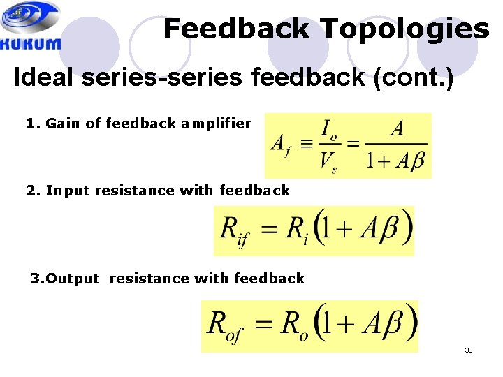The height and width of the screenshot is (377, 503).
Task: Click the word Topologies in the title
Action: click(404, 29)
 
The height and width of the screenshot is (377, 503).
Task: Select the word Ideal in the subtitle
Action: click(45, 77)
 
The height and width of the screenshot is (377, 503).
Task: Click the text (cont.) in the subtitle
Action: click(414, 77)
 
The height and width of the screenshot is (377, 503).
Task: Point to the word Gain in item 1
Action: click(63, 124)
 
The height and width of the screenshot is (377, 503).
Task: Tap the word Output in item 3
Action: click(73, 279)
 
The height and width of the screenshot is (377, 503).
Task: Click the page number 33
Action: click(469, 350)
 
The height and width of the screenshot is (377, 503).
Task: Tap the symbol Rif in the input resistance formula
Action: click(234, 230)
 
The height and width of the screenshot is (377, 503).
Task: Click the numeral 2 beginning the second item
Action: click(30, 190)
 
